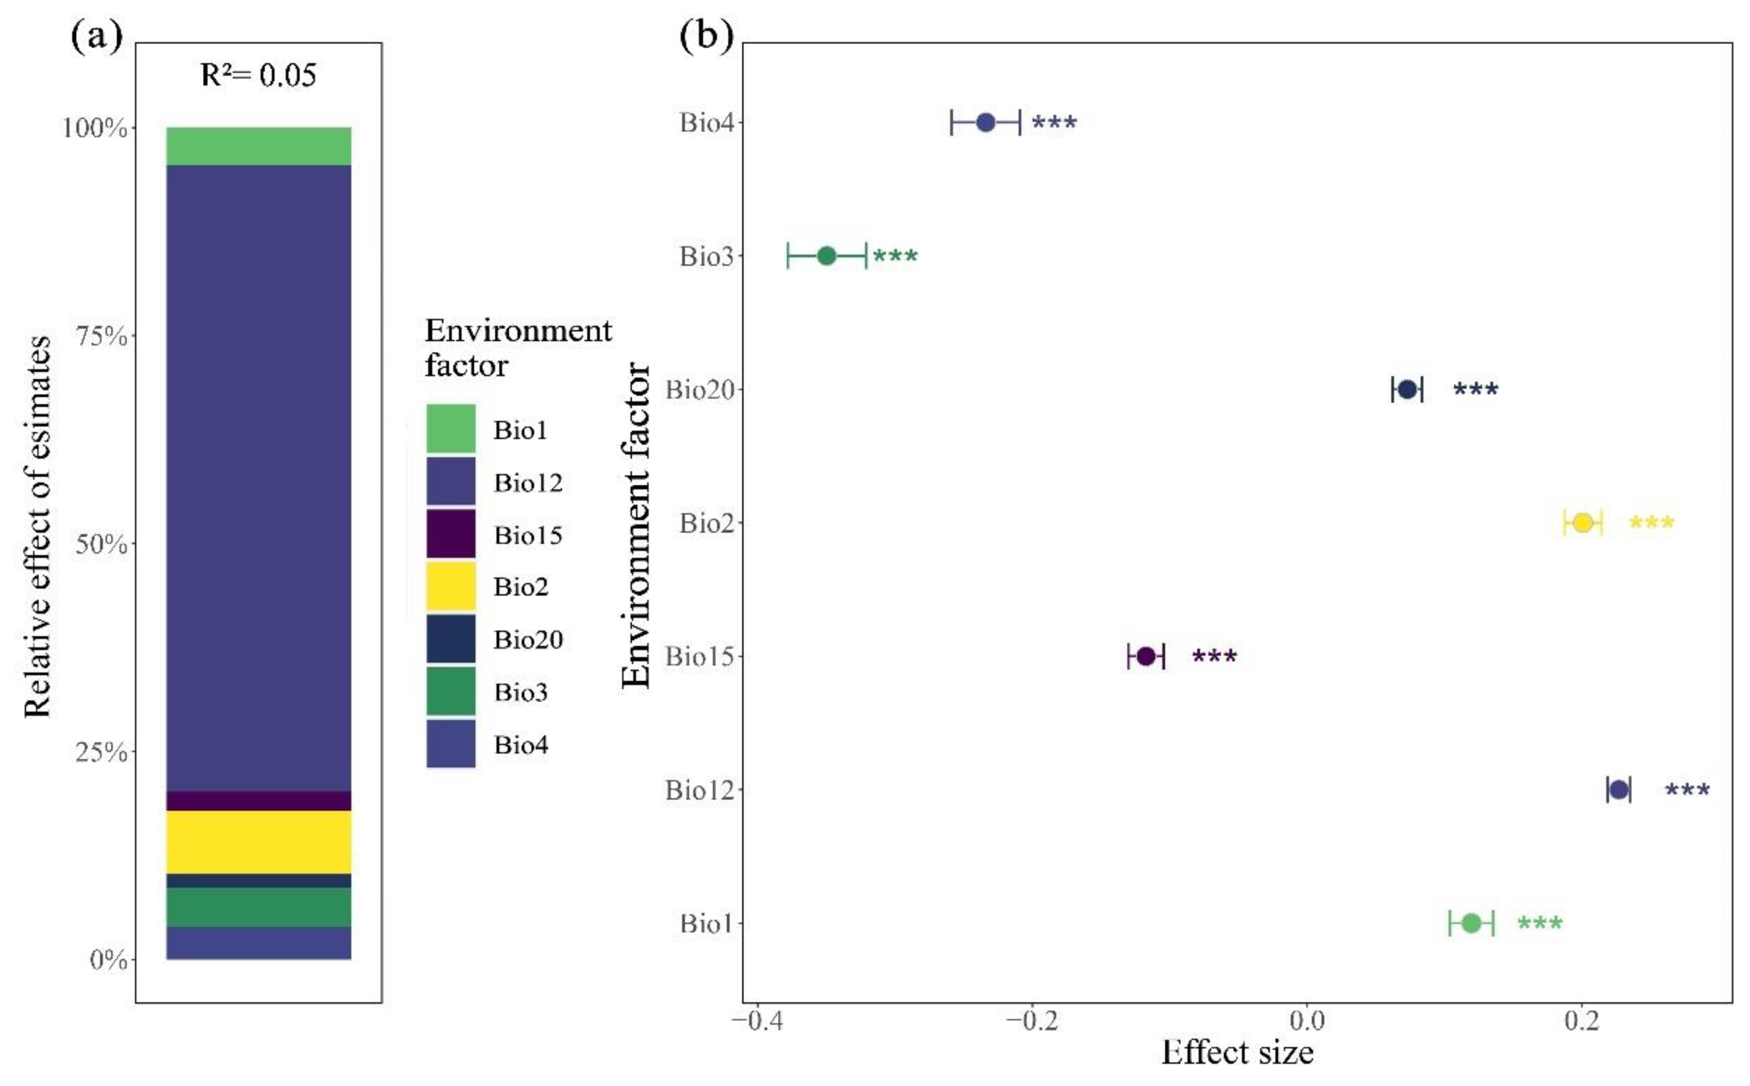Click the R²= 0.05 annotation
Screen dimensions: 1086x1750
[258, 75]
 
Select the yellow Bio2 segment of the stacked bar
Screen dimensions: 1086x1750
[259, 842]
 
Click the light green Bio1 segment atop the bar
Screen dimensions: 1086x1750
[259, 146]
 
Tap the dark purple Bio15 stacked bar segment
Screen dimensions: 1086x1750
[259, 801]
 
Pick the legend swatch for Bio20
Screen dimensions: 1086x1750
[450, 638]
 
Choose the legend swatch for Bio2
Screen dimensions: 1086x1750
[450, 586]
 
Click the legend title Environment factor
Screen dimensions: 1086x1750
[517, 348]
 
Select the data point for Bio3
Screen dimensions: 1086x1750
[827, 256]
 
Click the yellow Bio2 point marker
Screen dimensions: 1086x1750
[1583, 523]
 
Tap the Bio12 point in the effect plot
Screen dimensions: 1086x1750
[1618, 790]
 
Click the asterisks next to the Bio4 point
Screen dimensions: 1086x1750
[1054, 123]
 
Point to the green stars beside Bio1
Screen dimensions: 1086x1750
[1540, 923]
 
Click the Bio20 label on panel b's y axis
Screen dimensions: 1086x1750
[700, 390]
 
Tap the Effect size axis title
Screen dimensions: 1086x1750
[1237, 1053]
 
